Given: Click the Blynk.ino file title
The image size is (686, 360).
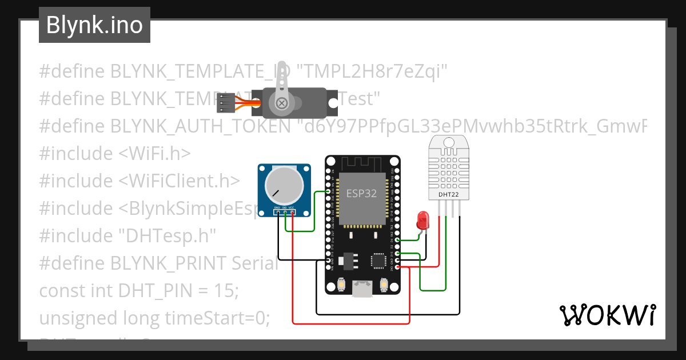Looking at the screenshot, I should click(94, 25).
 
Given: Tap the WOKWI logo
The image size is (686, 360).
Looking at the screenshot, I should click(607, 315).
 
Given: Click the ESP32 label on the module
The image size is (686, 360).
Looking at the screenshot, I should click(361, 193).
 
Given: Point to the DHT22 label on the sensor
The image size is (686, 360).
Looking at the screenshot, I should click(448, 194).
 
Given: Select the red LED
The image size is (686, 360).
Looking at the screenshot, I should click(423, 221).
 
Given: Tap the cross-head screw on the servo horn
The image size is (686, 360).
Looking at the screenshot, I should click(281, 103).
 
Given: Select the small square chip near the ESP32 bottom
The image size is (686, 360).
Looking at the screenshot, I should click(378, 261).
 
